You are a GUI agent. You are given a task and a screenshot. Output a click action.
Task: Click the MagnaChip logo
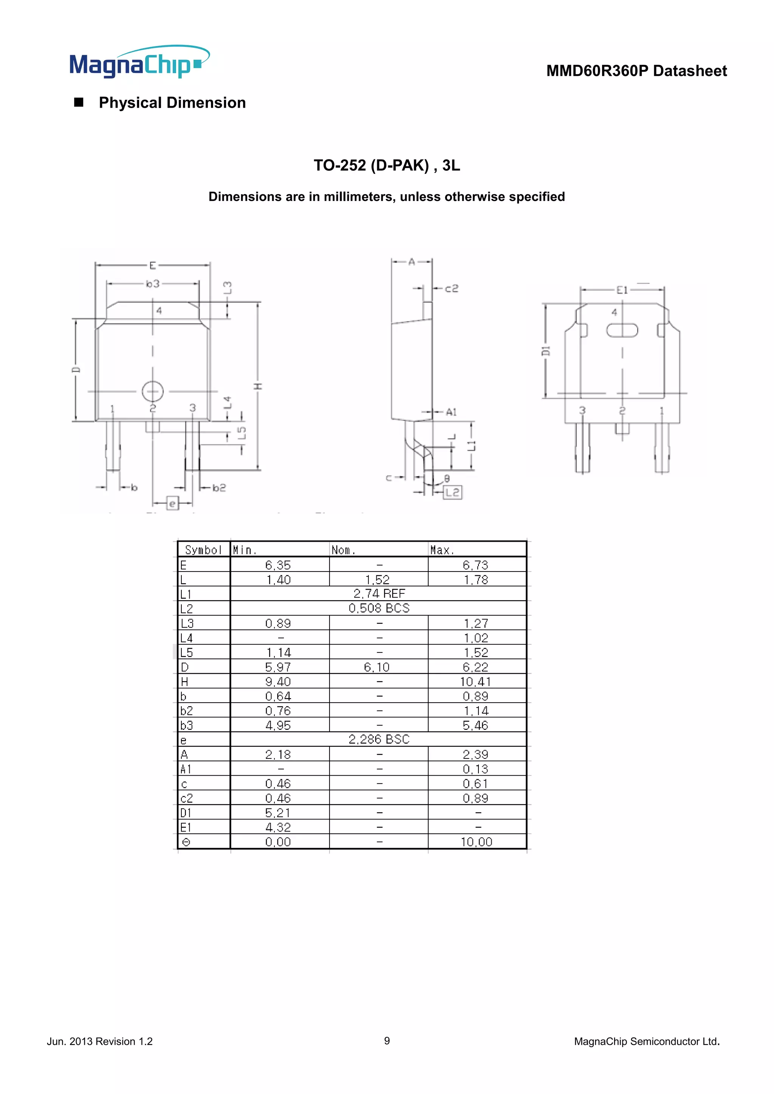coord(139,63)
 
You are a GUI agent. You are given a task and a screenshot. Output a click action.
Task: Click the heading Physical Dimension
coord(172,103)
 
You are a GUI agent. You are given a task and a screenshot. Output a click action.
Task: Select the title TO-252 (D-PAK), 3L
coord(387,165)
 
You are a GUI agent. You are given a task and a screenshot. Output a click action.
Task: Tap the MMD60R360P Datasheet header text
coord(636,71)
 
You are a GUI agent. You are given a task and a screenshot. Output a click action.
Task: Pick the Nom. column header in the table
coord(343,550)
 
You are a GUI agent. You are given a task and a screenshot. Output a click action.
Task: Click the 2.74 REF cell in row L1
coord(379,594)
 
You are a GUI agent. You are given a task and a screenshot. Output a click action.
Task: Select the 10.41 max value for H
coord(475,682)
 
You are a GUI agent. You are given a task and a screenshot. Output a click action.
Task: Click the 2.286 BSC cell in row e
coord(379,740)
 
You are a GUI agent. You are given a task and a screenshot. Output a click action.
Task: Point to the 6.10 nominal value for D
coord(376,668)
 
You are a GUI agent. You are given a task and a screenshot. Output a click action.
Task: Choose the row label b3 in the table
coord(187,726)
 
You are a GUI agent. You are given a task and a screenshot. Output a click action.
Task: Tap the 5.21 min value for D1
coord(278,813)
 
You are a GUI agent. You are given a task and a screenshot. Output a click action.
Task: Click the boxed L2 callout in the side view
coord(452,492)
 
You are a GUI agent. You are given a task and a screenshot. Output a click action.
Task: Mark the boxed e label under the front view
coord(173,503)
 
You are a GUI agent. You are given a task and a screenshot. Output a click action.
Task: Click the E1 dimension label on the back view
coord(622,290)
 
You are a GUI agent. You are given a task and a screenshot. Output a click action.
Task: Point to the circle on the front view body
coord(153,391)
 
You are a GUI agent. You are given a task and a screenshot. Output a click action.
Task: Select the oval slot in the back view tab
coord(622,330)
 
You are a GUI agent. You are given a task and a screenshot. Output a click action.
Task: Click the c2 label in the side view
coord(451,289)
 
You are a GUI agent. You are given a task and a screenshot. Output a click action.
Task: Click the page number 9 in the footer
coord(387,1041)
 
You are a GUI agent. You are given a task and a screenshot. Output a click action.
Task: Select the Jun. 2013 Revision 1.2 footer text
coord(100,1041)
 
